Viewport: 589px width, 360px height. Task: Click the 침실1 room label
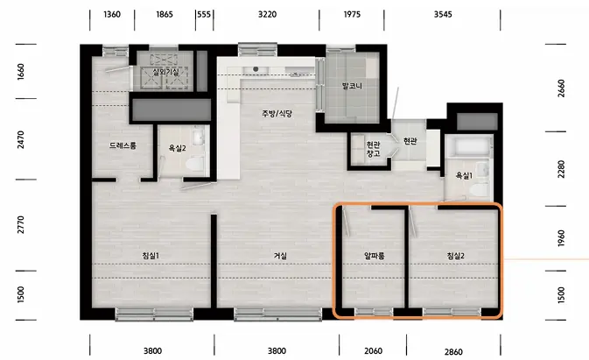coord(151,256)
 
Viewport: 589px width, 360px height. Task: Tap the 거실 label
coord(280,256)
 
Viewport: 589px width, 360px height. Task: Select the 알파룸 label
coord(374,256)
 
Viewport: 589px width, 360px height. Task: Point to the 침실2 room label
coord(456,256)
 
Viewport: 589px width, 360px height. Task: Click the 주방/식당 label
coord(277,113)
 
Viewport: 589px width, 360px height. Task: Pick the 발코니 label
coord(352,86)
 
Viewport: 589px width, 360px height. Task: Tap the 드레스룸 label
coord(123,145)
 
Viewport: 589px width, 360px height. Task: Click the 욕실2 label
coord(178,148)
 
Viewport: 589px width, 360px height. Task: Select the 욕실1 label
coord(464,175)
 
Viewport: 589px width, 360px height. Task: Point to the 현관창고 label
coord(374,149)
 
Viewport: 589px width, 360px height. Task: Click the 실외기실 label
coord(165,71)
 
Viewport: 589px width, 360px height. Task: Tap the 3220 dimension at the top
coord(267,14)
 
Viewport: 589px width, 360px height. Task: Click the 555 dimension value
coord(204,14)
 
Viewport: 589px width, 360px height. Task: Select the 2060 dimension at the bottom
coord(373,350)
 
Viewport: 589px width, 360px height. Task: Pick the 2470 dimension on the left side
coord(21,139)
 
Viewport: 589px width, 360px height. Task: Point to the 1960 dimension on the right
coord(561,238)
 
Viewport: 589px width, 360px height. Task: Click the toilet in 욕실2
coord(196,164)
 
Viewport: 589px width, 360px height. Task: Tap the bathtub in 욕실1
coord(469,146)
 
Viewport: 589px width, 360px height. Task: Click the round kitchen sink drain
coord(256,69)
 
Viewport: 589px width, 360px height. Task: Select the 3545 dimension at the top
coord(443,14)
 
